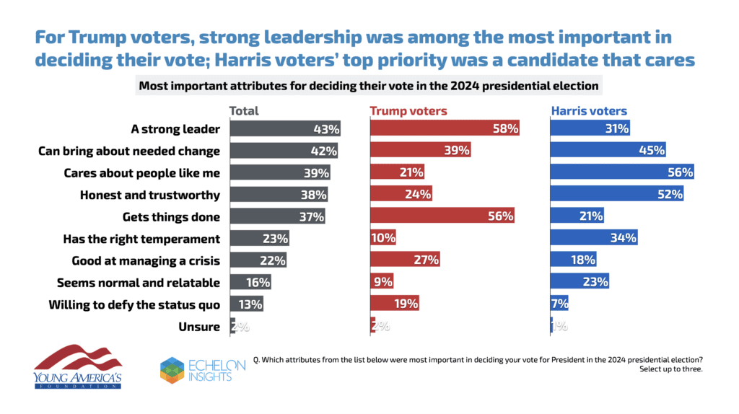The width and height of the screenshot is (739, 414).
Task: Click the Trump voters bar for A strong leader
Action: point(445,129)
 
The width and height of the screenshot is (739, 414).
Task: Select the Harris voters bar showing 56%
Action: point(622,172)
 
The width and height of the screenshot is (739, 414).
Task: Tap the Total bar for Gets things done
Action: point(277,216)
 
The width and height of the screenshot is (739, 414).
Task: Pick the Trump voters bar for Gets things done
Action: point(442,216)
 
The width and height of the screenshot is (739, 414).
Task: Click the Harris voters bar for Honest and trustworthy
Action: point(617,195)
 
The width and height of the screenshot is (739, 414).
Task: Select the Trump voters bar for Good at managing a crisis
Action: point(404,260)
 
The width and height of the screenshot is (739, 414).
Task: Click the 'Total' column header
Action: point(244,111)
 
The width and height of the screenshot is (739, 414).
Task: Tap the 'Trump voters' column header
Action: point(408,111)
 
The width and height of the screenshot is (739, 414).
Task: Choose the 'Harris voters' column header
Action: point(589,111)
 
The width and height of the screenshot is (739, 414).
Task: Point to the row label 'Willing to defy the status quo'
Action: point(134,304)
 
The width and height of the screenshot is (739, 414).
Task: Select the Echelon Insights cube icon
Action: point(174,369)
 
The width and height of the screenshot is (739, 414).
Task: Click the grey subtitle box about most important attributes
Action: point(369,86)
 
